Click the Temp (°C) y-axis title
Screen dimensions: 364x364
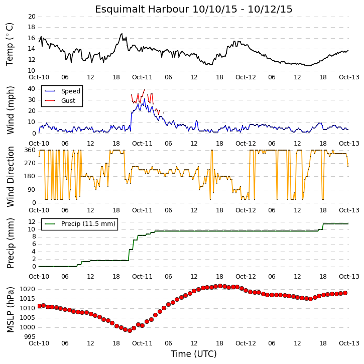[x=10, y=44]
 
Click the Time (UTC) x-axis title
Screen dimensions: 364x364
[x=194, y=354]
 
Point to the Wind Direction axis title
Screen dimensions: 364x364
[x=10, y=177]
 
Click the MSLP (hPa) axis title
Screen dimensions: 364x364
[x=10, y=310]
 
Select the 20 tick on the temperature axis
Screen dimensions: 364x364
[x=32, y=17]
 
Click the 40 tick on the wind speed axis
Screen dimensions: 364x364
[x=32, y=89]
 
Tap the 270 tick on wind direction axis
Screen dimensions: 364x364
[x=30, y=163]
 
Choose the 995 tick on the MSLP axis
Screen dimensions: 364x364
[x=30, y=337]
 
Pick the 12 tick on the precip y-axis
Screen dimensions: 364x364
[x=32, y=222]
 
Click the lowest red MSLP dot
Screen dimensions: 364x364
[x=130, y=330]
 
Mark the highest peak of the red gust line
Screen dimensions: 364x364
[x=145, y=89]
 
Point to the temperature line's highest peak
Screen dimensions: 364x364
[x=122, y=34]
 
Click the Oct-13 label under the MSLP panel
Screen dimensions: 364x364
[x=349, y=343]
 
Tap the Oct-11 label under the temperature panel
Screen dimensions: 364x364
[x=142, y=77]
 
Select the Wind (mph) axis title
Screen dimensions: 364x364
[x=10, y=110]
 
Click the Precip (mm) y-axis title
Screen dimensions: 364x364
[x=10, y=244]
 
